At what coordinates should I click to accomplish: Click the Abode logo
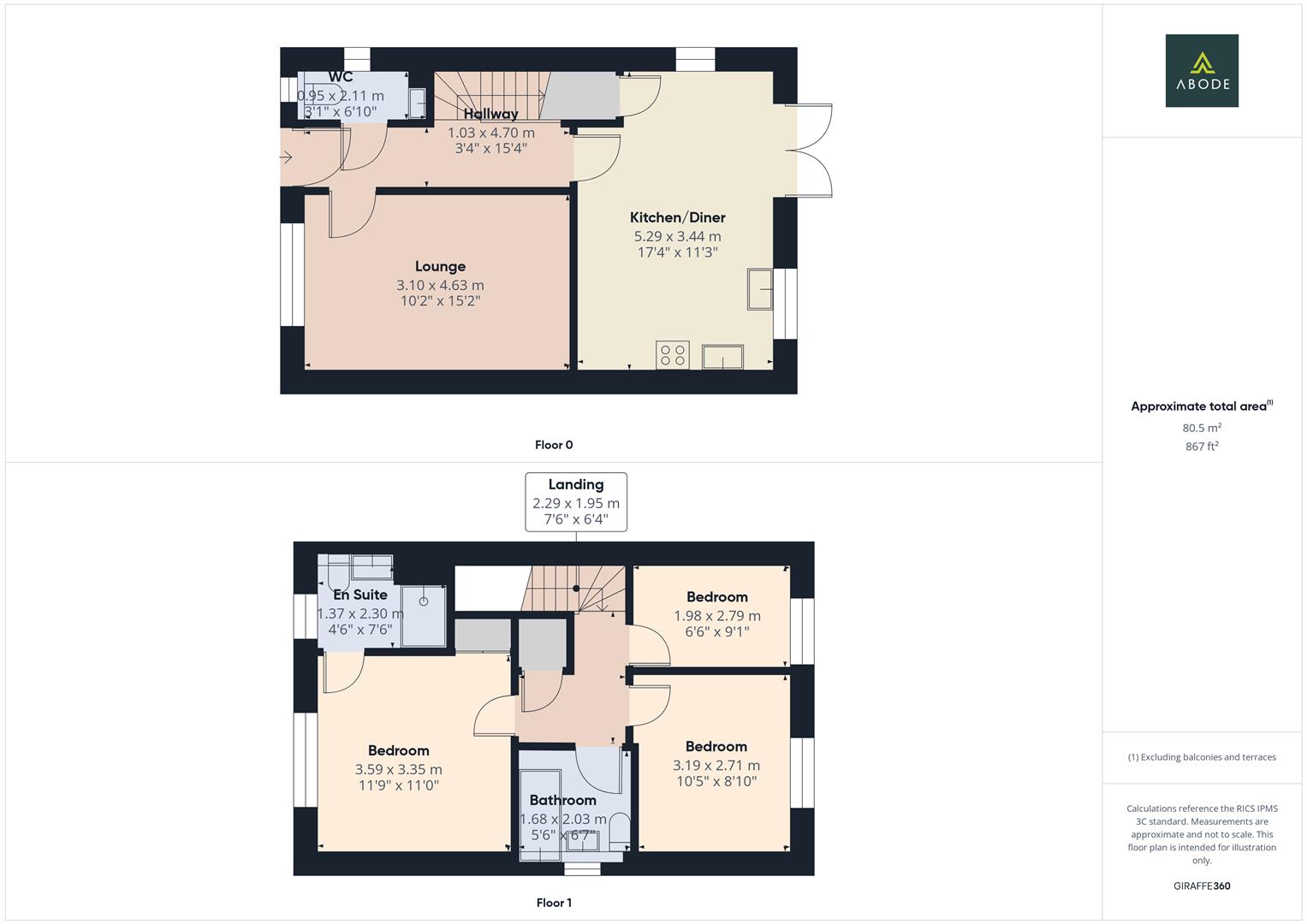coord(1202,70)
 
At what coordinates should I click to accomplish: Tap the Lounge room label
coord(440,267)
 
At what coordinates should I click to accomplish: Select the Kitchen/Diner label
coord(677,217)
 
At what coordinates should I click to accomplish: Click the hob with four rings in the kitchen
coord(673,355)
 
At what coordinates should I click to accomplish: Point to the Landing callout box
coord(575,501)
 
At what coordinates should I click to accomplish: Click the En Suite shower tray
coord(424,616)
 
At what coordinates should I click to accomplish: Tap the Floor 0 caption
coord(554,445)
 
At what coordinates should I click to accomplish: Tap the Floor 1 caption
coord(554,903)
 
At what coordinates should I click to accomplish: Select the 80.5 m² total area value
coord(1202,428)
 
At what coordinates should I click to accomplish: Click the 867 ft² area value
coord(1202,447)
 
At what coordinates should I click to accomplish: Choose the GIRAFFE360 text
coord(1202,885)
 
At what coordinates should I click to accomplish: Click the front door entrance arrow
coord(286,157)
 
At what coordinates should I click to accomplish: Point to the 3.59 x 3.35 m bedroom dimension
coord(398,769)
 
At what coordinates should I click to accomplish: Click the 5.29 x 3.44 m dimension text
coord(677,236)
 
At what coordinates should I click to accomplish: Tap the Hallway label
coord(490,114)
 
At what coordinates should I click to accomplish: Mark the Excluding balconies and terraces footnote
coord(1202,757)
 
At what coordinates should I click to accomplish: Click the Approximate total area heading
coord(1200,406)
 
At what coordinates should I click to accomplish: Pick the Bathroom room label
coord(562,800)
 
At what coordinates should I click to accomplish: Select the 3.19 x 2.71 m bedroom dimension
coord(716,766)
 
